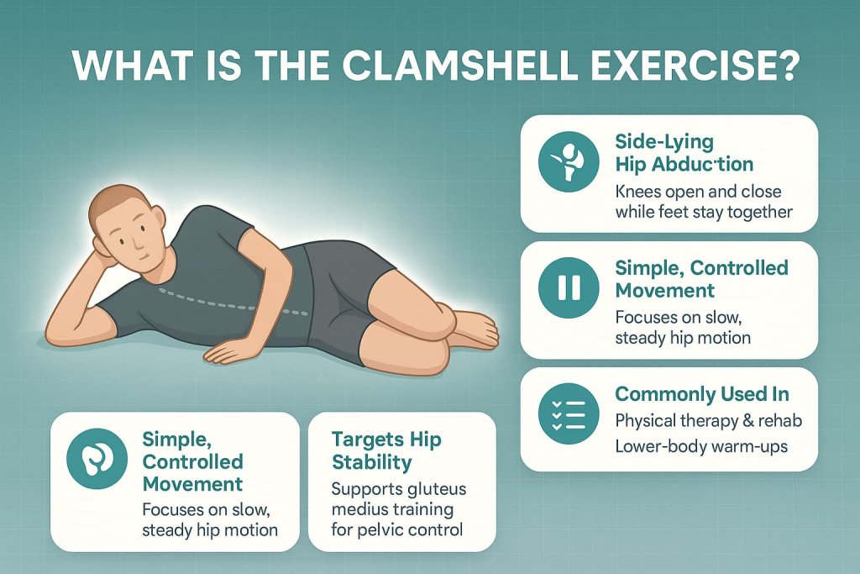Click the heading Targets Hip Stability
(x=385, y=450)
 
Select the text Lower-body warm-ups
(x=701, y=445)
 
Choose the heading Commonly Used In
(x=702, y=394)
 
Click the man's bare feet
(x=475, y=329)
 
